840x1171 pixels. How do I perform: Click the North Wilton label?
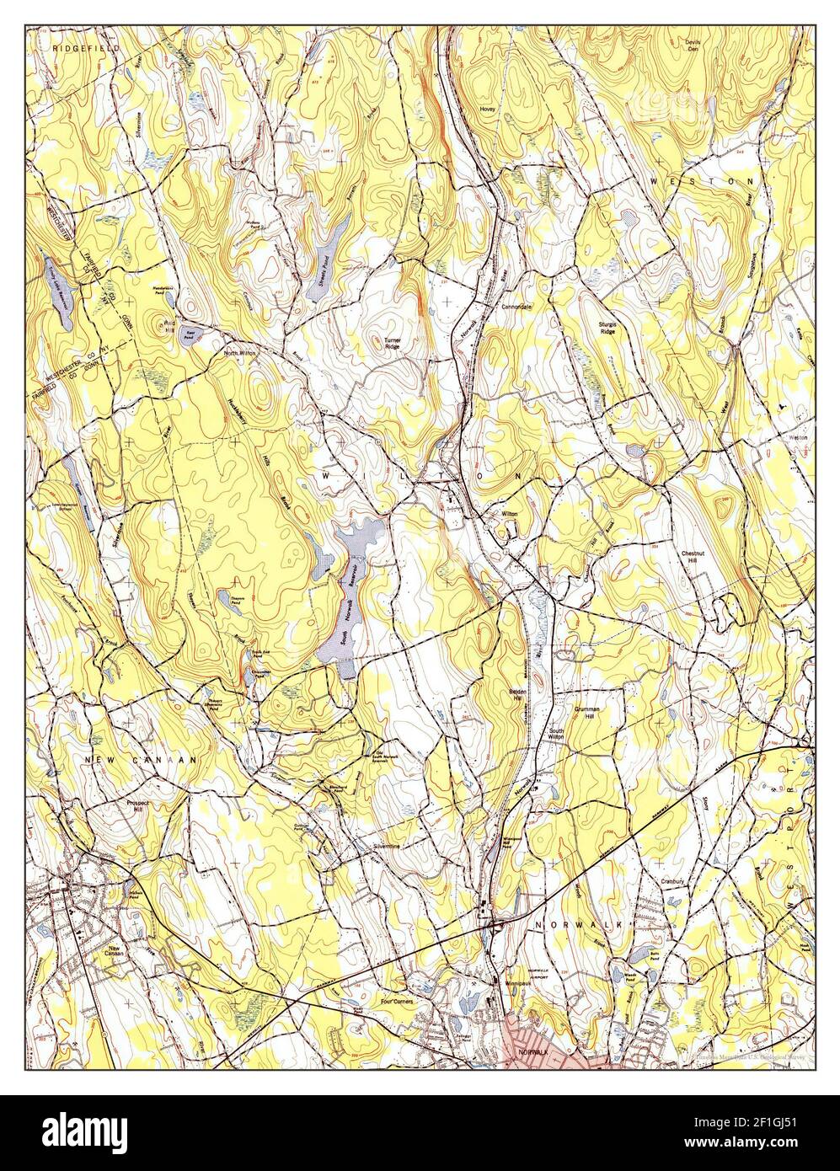pyautogui.click(x=239, y=354)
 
